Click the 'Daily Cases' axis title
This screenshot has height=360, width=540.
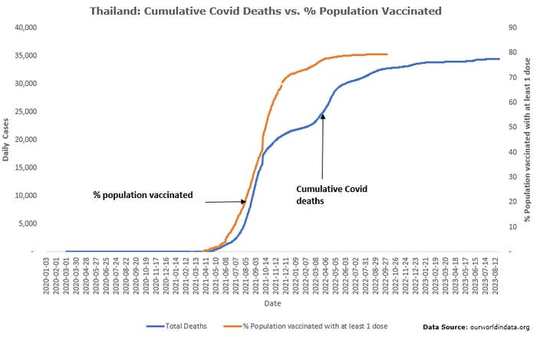tap(7, 140)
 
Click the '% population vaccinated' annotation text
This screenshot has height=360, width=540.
tap(143, 196)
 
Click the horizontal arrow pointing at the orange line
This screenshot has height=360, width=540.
tap(224, 202)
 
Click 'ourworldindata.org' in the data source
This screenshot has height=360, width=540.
tap(499, 327)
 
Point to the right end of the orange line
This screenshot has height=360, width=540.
tap(387, 54)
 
